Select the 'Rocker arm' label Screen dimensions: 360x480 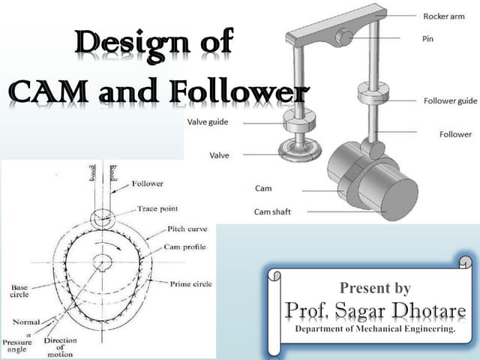[x=443, y=16]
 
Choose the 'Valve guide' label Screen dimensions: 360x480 [x=207, y=121]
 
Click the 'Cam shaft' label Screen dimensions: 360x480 [x=272, y=211]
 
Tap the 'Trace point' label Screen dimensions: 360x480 [x=157, y=208]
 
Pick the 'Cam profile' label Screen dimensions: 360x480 [x=184, y=246]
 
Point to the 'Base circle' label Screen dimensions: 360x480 [x=19, y=291]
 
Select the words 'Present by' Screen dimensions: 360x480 [x=375, y=287]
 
